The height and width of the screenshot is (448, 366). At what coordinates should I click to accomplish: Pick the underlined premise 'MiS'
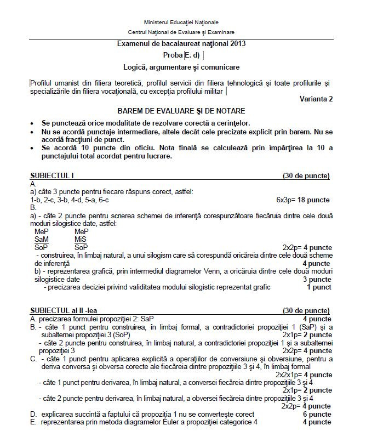click(80, 239)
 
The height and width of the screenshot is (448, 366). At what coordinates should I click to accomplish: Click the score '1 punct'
click(318, 287)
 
